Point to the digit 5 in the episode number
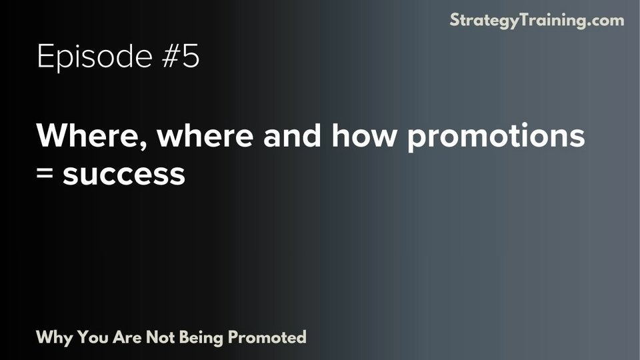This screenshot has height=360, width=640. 191,57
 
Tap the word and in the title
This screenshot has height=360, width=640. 288,137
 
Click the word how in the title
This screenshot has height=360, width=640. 361,137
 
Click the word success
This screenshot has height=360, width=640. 123,175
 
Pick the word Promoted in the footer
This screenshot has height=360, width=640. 267,337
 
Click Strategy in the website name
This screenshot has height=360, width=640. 481,20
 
